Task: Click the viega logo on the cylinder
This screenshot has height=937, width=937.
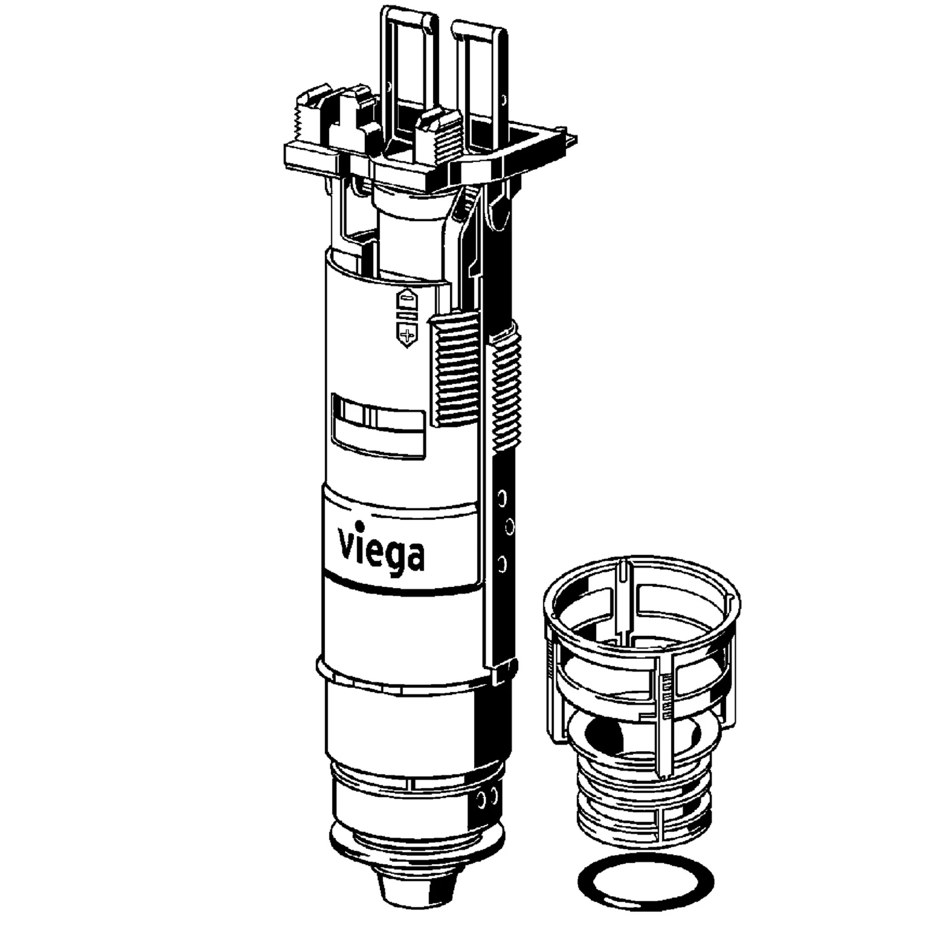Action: pos(381,549)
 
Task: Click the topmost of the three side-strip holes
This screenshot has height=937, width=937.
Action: pos(502,497)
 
